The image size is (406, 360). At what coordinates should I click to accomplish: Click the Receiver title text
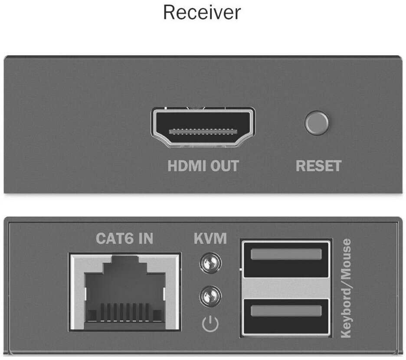pyautogui.click(x=202, y=13)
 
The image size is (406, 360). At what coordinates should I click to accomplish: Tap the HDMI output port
pyautogui.click(x=203, y=128)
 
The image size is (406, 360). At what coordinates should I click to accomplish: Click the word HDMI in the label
pyautogui.click(x=187, y=166)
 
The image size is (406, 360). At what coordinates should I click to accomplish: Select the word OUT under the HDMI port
pyautogui.click(x=224, y=166)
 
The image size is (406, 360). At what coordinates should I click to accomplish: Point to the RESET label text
pyautogui.click(x=318, y=166)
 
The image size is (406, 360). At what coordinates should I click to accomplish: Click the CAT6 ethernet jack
pyautogui.click(x=125, y=292)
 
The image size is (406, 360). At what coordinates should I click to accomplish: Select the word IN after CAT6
pyautogui.click(x=146, y=239)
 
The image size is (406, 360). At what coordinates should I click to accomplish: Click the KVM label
pyautogui.click(x=210, y=239)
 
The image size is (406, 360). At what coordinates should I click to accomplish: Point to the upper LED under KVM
pyautogui.click(x=210, y=263)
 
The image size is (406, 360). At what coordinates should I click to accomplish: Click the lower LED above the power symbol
pyautogui.click(x=210, y=296)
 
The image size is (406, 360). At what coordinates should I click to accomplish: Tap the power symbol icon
pyautogui.click(x=210, y=324)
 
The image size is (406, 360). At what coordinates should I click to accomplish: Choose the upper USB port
pyautogui.click(x=286, y=259)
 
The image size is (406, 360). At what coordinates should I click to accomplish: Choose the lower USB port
pyautogui.click(x=286, y=316)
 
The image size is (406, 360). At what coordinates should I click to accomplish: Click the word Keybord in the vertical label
pyautogui.click(x=346, y=310)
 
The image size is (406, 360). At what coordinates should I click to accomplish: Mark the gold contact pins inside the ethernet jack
pyautogui.click(x=125, y=312)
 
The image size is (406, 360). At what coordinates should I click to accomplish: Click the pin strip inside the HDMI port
pyautogui.click(x=203, y=131)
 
